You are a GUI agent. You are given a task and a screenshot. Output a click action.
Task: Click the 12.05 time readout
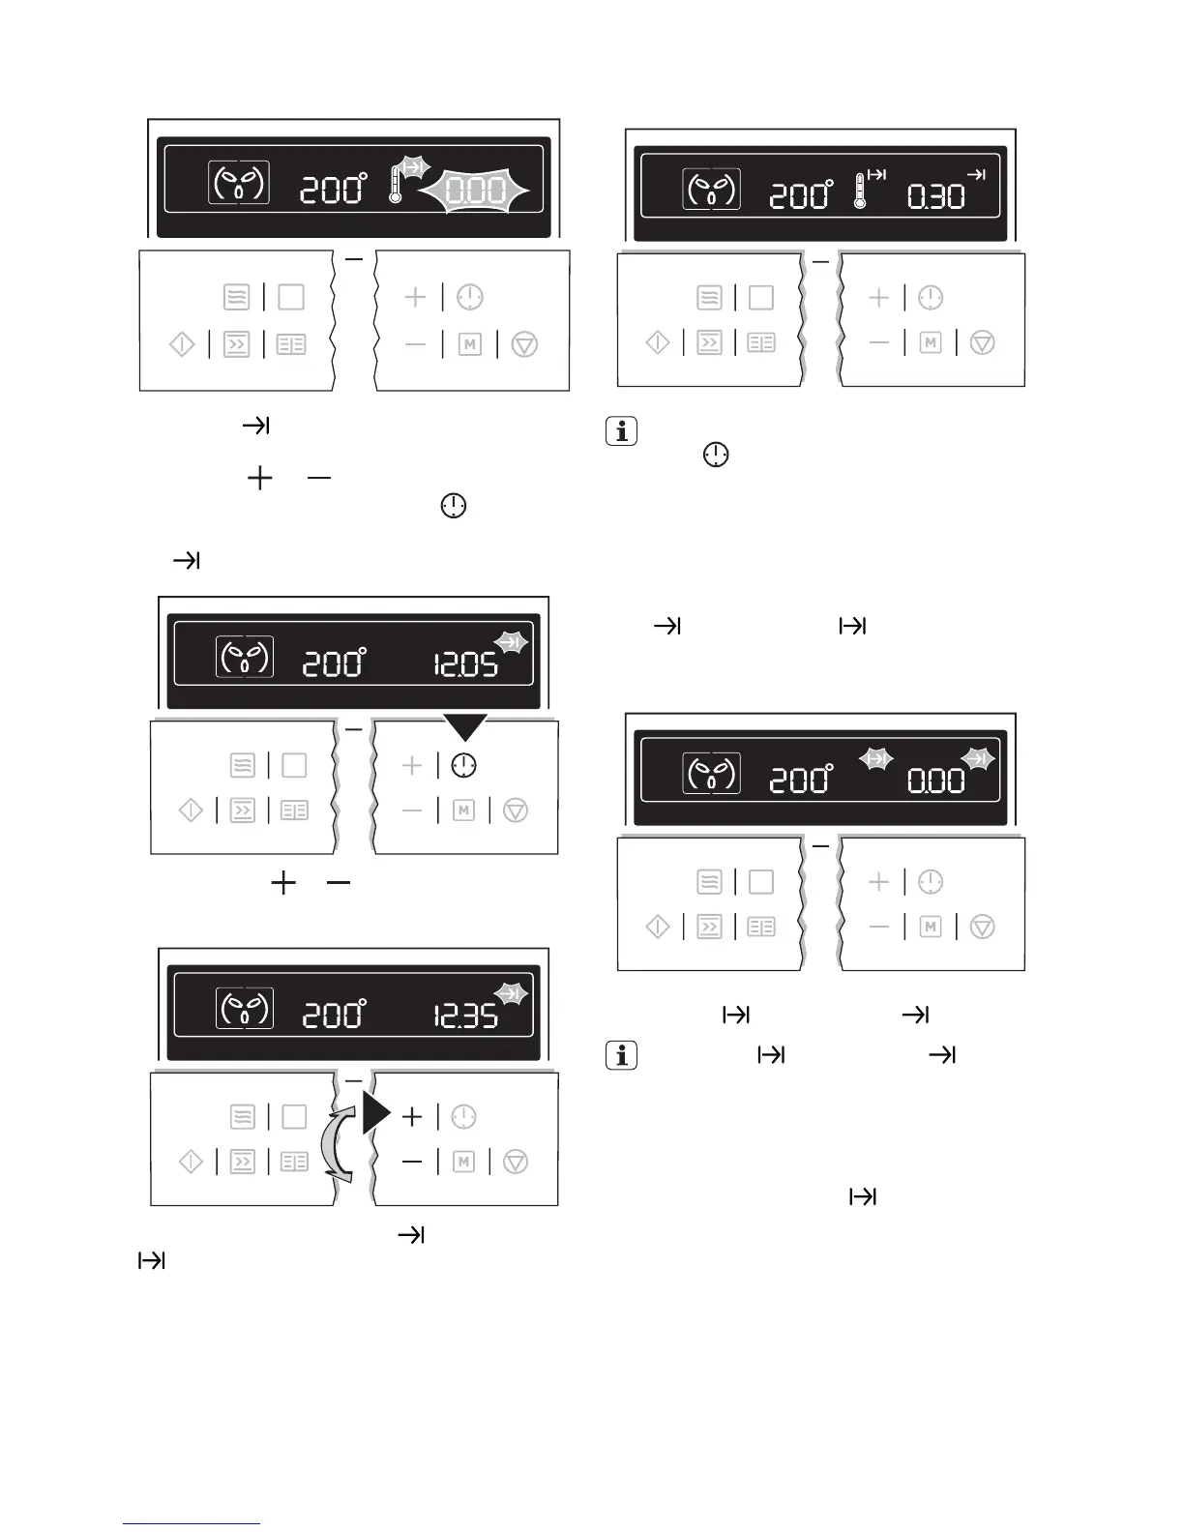(465, 664)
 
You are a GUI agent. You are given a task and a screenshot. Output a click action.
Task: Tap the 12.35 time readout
(465, 1016)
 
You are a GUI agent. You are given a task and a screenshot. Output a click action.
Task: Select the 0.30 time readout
(935, 197)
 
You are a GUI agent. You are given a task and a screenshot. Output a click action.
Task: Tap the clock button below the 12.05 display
(464, 766)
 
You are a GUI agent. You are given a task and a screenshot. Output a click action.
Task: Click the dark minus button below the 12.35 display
(412, 1162)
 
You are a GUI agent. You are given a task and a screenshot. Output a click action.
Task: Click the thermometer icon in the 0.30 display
(860, 191)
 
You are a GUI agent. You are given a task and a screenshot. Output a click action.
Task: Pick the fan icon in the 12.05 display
(244, 658)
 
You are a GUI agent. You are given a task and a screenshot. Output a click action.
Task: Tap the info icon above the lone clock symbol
(620, 431)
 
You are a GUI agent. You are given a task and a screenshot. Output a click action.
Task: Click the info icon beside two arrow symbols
(620, 1055)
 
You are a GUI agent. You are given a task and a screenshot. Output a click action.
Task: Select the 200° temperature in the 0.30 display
(801, 195)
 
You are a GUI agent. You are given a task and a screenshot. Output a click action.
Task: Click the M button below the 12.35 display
(463, 1162)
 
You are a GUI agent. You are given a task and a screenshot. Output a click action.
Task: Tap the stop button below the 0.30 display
(982, 342)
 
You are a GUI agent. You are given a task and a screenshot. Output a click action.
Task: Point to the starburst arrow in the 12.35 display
(510, 993)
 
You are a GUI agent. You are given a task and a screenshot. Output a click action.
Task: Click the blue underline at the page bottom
(192, 1524)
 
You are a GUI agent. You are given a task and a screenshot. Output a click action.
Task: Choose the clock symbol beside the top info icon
(716, 456)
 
